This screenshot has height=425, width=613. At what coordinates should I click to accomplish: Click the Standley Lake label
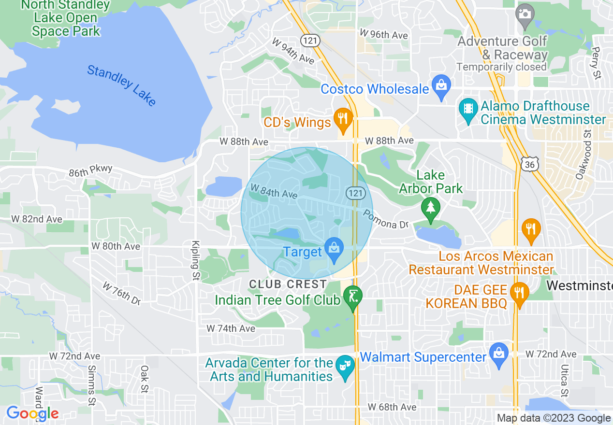[x=121, y=85]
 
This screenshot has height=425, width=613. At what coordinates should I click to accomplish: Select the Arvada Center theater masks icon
[x=344, y=367]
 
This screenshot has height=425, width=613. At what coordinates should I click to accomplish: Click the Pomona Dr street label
[x=386, y=219]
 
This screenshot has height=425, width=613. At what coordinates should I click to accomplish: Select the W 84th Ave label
[x=273, y=191]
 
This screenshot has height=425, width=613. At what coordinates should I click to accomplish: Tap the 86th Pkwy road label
[x=90, y=170]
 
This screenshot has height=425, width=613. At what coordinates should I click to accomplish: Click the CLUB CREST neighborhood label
[x=288, y=284]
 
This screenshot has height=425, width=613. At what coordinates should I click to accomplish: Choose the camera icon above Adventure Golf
[x=525, y=14]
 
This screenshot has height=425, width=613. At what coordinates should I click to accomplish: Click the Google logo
[x=32, y=413]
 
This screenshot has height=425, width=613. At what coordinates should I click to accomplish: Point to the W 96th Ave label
[x=383, y=35]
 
